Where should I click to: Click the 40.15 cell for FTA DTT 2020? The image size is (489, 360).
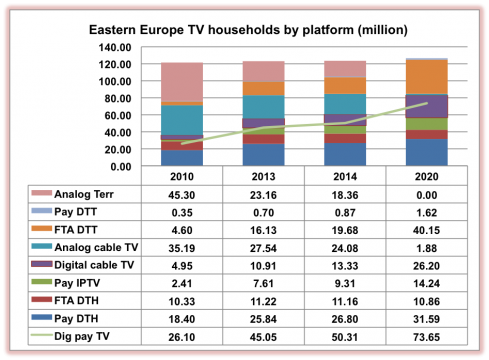tap(425, 230)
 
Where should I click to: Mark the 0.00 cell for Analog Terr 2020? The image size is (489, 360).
tap(425, 194)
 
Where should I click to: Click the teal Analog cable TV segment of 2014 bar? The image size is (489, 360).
tap(344, 104)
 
